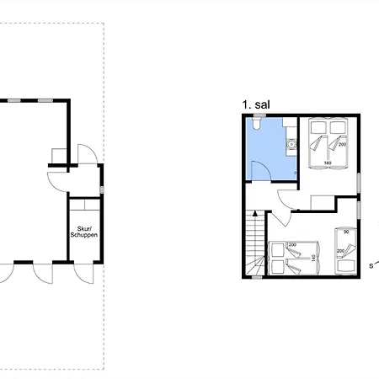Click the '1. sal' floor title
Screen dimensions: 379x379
click(x=256, y=104)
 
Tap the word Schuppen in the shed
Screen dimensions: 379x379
click(x=84, y=235)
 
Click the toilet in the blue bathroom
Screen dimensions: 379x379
click(x=256, y=123)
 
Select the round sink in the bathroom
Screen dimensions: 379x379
click(x=291, y=144)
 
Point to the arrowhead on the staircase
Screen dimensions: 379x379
click(x=255, y=214)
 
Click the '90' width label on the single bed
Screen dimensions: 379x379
click(x=346, y=232)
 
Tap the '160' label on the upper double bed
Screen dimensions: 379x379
click(x=328, y=163)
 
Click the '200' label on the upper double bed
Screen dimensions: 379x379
click(x=342, y=145)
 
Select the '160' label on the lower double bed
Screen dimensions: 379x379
click(x=313, y=259)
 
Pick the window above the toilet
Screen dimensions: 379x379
click(x=259, y=115)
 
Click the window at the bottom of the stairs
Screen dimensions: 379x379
click(x=257, y=277)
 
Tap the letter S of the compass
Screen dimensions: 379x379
click(x=371, y=266)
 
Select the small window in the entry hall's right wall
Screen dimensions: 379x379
click(x=102, y=190)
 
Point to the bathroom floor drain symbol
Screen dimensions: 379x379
click(x=295, y=173)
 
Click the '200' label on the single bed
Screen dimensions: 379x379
click(x=340, y=251)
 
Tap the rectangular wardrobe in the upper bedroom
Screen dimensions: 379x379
click(x=323, y=202)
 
